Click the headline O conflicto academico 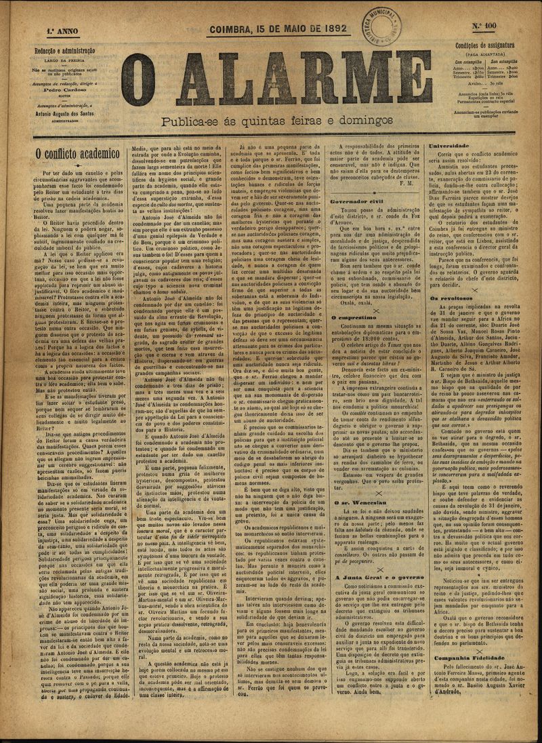click(77, 154)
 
